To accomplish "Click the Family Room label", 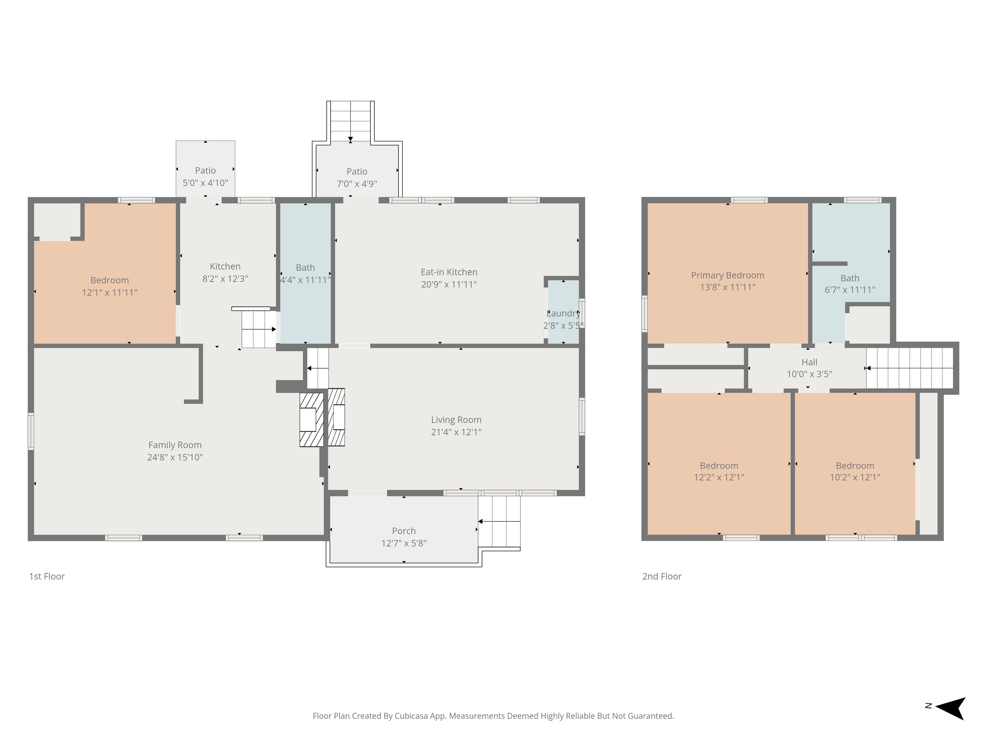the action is [175, 445].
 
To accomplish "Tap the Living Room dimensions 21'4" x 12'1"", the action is [456, 432].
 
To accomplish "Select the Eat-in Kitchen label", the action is [449, 272].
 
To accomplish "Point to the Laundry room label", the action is [563, 313].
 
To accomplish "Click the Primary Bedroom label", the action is [728, 275].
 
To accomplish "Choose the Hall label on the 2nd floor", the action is [809, 362].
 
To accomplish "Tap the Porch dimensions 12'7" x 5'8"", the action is [404, 543].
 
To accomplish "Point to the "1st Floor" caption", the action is [47, 577].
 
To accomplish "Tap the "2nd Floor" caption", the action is [662, 577].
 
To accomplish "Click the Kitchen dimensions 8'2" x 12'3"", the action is [225, 279].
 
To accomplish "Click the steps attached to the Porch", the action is [499, 522].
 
